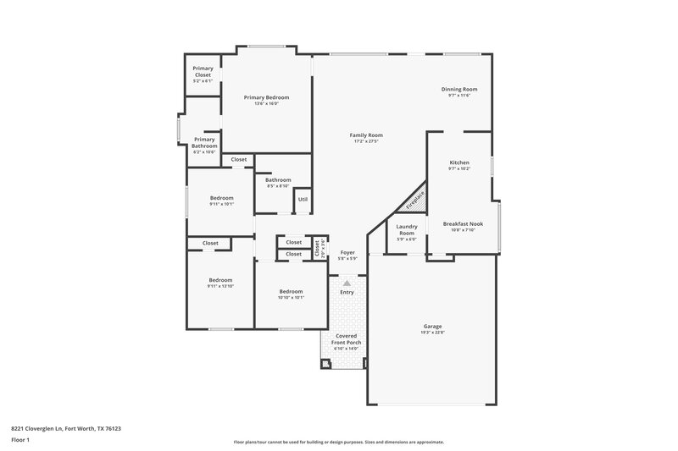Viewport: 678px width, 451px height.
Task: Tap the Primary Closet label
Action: [203, 72]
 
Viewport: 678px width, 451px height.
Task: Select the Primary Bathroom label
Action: [204, 142]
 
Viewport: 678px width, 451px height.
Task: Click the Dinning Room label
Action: [458, 89]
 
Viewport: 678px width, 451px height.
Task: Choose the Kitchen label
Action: [458, 162]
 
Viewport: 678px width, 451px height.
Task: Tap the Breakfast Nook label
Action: [464, 223]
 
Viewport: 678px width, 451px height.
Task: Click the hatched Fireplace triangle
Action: [415, 201]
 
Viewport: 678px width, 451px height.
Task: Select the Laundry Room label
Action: [406, 229]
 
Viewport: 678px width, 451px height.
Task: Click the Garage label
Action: [432, 326]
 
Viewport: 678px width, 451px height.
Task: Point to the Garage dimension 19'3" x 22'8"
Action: [432, 333]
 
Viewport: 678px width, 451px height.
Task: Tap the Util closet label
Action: [303, 199]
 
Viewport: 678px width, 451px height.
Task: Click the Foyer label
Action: [347, 252]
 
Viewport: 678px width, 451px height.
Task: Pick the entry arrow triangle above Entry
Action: [347, 283]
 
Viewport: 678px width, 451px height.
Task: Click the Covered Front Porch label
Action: [346, 339]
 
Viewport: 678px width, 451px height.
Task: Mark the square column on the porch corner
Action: [325, 364]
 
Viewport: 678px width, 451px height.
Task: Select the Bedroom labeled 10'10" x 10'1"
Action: [291, 291]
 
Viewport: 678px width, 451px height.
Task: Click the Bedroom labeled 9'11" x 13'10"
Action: [220, 280]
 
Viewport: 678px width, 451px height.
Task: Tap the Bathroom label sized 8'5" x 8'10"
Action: [278, 179]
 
